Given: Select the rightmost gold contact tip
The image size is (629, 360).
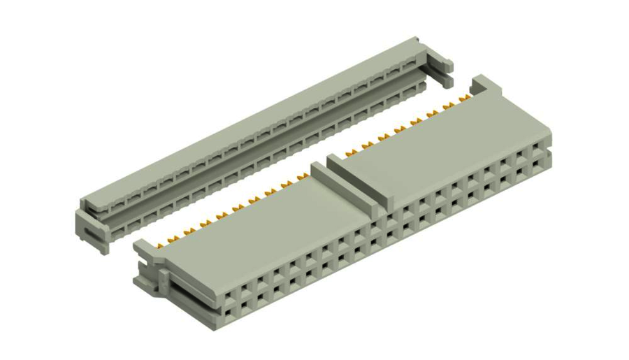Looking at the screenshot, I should tap(464, 94).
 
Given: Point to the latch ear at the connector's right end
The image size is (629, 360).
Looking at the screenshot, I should tap(481, 85).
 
